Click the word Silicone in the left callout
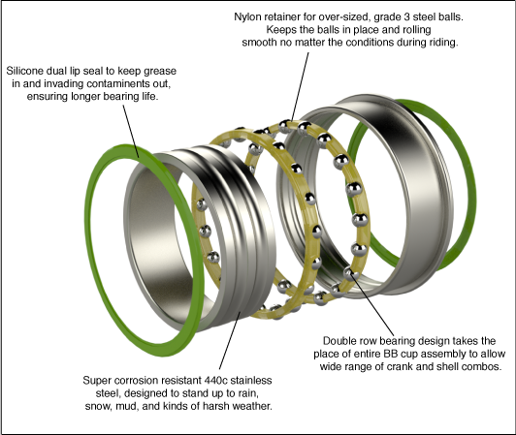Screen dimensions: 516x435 click(x=25, y=71)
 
